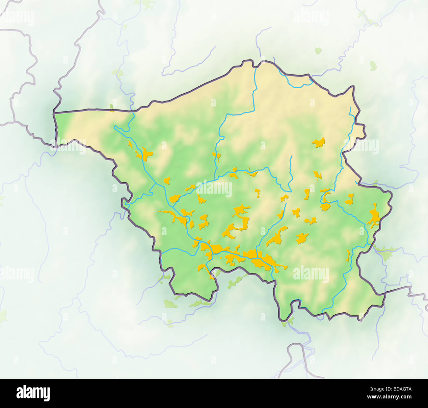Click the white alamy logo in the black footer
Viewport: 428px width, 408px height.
point(33,393)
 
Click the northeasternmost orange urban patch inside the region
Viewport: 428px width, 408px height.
point(318,142)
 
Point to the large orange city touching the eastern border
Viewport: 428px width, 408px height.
point(374,216)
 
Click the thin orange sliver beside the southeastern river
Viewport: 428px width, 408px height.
point(348,255)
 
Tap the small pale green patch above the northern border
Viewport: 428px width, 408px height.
point(318,51)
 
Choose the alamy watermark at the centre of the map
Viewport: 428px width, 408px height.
point(214,189)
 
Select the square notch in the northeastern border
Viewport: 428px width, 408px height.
point(361,131)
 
